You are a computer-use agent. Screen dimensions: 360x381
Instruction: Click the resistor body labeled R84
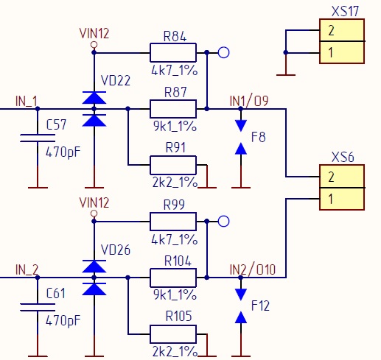tap(173, 52)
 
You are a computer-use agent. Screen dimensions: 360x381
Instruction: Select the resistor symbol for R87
tap(173, 109)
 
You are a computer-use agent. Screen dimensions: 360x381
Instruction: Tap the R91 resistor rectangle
tap(173, 165)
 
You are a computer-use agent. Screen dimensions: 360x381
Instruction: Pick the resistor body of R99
tap(173, 221)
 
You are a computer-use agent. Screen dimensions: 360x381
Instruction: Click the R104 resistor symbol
tap(173, 278)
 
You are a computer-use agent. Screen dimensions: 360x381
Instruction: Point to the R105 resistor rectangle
tap(173, 333)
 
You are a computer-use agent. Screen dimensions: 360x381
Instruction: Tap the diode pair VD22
tap(94, 109)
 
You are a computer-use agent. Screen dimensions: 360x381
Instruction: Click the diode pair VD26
tap(94, 278)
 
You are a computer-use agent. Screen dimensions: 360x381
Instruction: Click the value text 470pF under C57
tap(63, 154)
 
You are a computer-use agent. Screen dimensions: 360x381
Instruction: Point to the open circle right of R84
tap(225, 52)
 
